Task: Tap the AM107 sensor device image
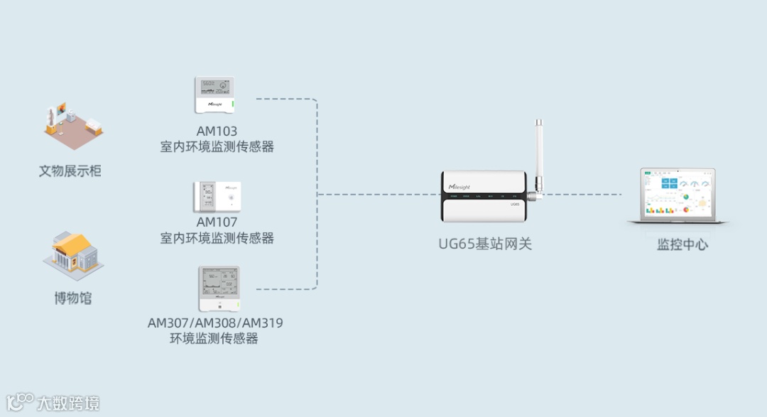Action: [x=217, y=197]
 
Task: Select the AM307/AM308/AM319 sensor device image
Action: [x=219, y=289]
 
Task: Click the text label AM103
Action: [x=217, y=131]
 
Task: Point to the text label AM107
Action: [x=217, y=222]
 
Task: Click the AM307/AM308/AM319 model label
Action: [x=215, y=323]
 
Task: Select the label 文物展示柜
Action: [x=70, y=171]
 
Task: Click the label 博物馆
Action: [x=72, y=298]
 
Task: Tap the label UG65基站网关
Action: [x=485, y=244]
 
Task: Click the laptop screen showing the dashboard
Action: [x=678, y=194]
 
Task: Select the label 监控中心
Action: [x=682, y=245]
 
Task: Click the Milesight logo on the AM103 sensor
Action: [x=215, y=104]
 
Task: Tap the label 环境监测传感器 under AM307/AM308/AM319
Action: [x=214, y=339]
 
